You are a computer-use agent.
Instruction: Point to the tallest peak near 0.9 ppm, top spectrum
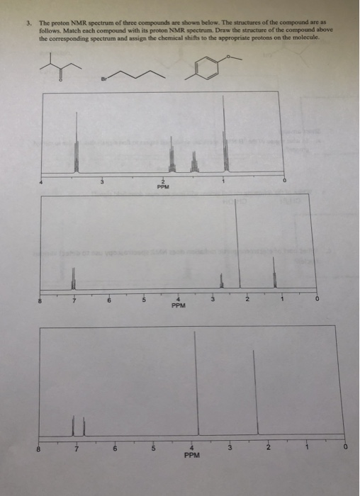point(225,135)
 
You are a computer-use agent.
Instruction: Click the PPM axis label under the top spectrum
point(164,188)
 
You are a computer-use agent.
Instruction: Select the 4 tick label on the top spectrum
point(41,182)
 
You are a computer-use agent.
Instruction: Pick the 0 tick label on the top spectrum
point(285,182)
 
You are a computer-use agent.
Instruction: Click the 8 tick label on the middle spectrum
point(41,300)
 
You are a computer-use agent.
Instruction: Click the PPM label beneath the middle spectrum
point(179,307)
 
